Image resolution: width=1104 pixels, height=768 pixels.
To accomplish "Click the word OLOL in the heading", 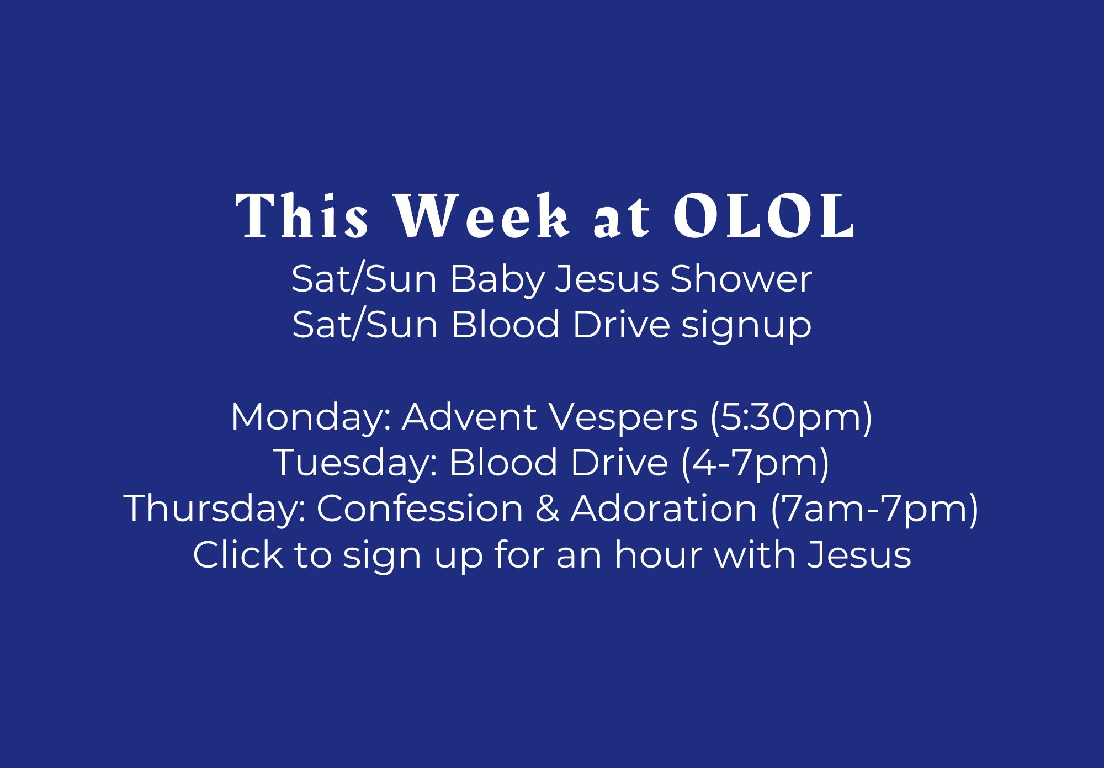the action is click(764, 216).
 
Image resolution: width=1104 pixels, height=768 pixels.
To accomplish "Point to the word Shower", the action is click(741, 279).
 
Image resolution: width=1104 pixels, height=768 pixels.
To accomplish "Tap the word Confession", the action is click(420, 509).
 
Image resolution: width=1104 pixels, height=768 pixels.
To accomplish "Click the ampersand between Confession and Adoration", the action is click(547, 509).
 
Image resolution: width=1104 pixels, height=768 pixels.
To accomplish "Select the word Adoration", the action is click(664, 509).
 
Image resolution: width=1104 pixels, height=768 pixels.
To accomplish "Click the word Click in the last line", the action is click(238, 554).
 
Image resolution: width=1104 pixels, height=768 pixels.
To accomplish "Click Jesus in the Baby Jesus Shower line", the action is click(607, 279).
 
